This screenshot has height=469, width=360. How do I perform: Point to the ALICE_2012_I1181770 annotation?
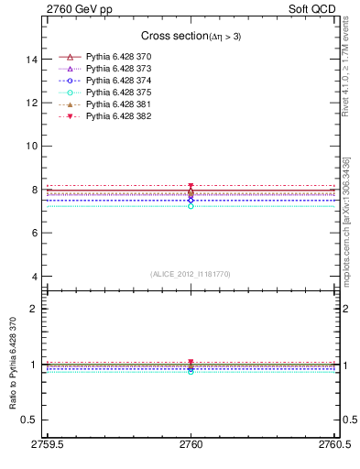coord(190,274)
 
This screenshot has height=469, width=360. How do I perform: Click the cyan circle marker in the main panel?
coord(191,206)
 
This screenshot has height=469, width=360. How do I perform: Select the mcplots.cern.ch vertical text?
coord(345,229)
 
